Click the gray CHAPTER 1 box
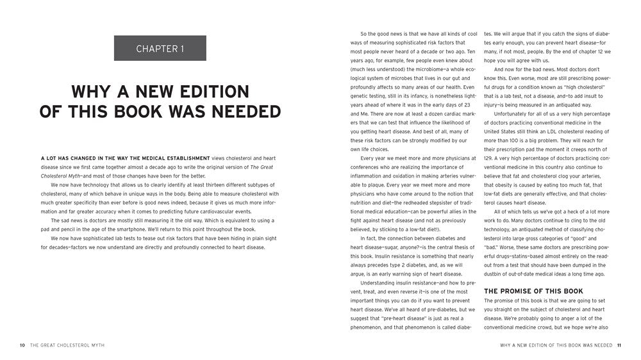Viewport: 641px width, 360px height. pos(160,48)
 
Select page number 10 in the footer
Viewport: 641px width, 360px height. pos(22,345)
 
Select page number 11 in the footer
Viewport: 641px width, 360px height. pos(619,345)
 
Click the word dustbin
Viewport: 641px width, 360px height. pos(496,274)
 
